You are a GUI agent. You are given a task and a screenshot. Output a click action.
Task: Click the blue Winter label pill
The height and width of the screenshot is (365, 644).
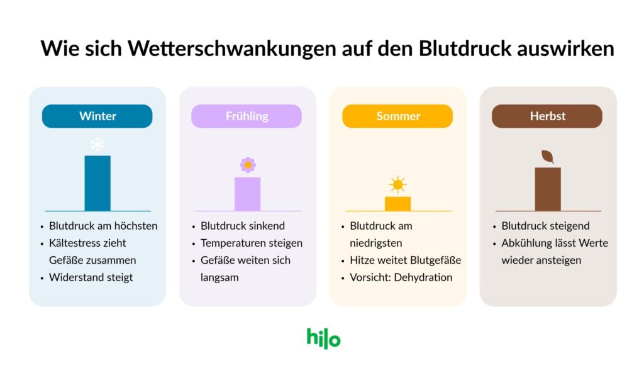pyautogui.click(x=97, y=116)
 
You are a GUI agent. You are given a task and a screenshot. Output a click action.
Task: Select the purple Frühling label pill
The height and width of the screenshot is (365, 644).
pyautogui.click(x=247, y=116)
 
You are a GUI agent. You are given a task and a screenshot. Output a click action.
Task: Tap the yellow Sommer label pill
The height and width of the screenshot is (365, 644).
pyautogui.click(x=397, y=116)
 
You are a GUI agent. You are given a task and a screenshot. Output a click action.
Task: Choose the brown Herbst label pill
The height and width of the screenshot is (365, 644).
pyautogui.click(x=547, y=116)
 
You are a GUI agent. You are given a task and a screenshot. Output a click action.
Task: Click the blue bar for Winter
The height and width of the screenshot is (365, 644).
pyautogui.click(x=97, y=183)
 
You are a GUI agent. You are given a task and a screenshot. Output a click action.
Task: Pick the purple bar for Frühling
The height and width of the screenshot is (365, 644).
pyautogui.click(x=247, y=194)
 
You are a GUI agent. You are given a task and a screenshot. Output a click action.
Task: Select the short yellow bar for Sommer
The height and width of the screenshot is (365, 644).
pyautogui.click(x=397, y=204)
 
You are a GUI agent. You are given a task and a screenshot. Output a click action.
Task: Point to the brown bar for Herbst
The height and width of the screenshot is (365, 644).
pyautogui.click(x=548, y=189)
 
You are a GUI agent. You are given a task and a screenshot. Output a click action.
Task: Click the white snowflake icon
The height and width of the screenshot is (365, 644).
pyautogui.click(x=97, y=145)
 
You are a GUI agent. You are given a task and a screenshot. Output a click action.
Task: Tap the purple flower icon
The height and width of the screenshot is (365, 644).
pyautogui.click(x=248, y=165)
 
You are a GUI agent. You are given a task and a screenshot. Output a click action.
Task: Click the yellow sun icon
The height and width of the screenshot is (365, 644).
pyautogui.click(x=397, y=184)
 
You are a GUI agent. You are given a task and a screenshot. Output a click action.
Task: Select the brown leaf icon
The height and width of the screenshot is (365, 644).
pyautogui.click(x=548, y=157)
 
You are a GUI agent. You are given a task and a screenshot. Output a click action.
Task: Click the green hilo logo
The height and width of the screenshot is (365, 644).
pyautogui.click(x=324, y=339)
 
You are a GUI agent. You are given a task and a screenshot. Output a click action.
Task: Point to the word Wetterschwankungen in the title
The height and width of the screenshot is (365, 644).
pyautogui.click(x=232, y=48)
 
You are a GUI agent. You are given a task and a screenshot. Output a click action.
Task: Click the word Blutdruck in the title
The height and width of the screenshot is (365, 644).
pyautogui.click(x=465, y=48)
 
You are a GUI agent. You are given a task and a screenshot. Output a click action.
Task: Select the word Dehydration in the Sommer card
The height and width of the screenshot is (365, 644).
pyautogui.click(x=423, y=278)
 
